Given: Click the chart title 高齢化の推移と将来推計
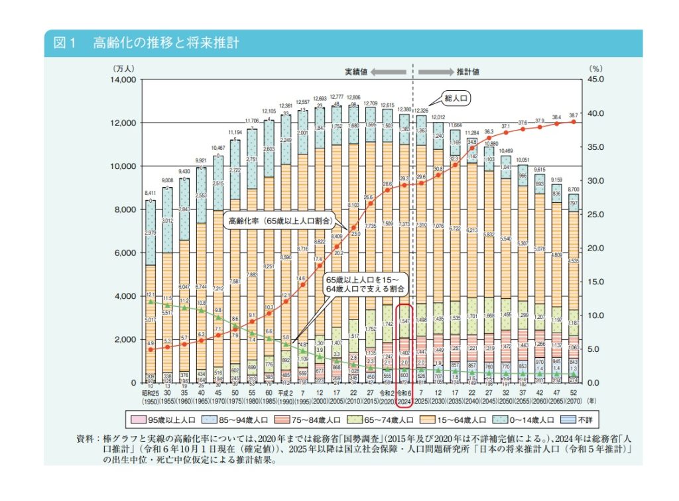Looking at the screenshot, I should pyautogui.click(x=166, y=44).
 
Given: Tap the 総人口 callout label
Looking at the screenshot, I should pyautogui.click(x=457, y=97).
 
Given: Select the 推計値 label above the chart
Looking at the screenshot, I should pyautogui.click(x=468, y=70).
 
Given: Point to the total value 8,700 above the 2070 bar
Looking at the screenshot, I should pyautogui.click(x=574, y=189).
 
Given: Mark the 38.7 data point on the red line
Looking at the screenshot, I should pyautogui.click(x=574, y=122).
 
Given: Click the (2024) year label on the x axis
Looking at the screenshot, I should pyautogui.click(x=404, y=402).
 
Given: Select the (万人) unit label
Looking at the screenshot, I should pyautogui.click(x=123, y=67).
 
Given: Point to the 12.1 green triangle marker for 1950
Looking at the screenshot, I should pyautogui.click(x=151, y=302).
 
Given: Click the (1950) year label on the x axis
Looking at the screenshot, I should pyautogui.click(x=151, y=402).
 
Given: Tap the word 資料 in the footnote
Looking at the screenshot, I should pyautogui.click(x=87, y=439).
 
